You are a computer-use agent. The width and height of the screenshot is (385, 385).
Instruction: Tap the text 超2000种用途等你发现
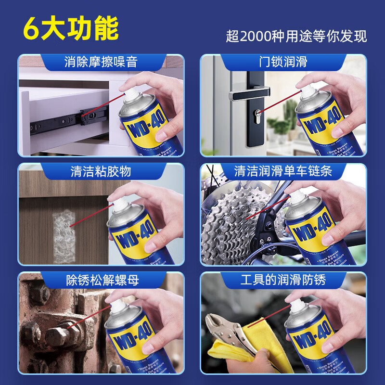tap(296, 37)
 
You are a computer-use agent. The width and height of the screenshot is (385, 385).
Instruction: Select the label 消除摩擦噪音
tap(101, 62)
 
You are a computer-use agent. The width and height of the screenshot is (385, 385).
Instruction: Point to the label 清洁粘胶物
tap(101, 171)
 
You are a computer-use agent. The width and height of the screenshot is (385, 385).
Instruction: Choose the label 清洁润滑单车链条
tap(283, 171)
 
